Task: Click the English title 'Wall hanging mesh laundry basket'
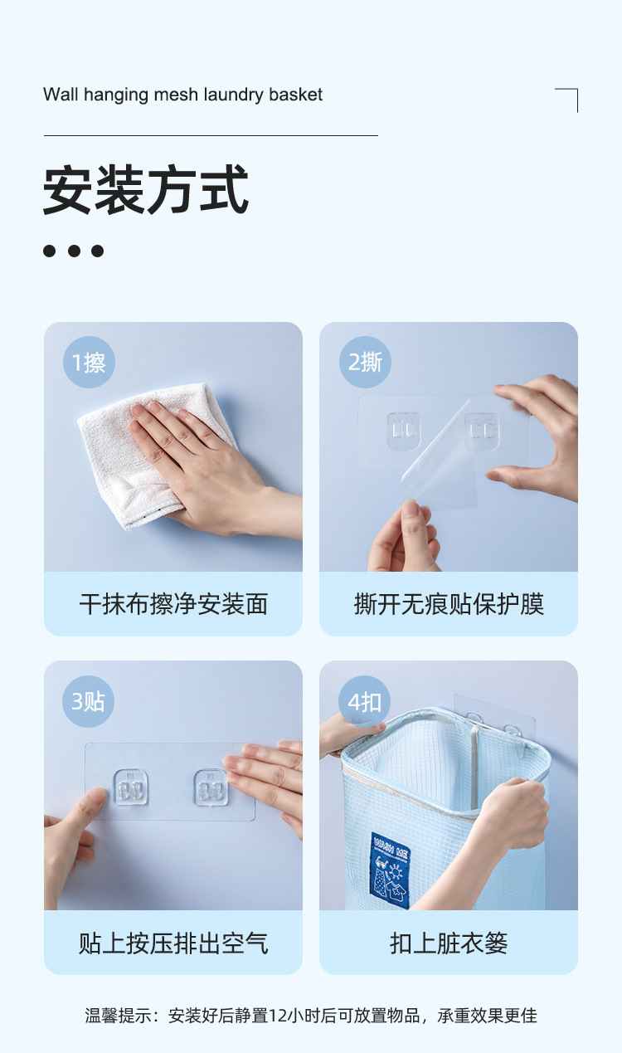click(x=182, y=95)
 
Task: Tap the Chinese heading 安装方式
click(x=146, y=191)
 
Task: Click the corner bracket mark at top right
click(x=567, y=99)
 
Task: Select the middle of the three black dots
click(x=74, y=251)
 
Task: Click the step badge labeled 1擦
click(x=89, y=363)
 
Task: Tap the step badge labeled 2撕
click(x=365, y=363)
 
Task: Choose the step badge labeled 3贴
click(x=88, y=701)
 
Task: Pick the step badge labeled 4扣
click(x=365, y=702)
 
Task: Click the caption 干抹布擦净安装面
click(x=173, y=604)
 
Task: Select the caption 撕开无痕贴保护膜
click(x=449, y=604)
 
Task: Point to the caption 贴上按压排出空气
click(x=173, y=943)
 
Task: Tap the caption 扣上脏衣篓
click(x=449, y=943)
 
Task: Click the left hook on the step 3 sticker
click(x=129, y=787)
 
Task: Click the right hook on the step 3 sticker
click(x=210, y=787)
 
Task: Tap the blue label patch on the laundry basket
click(x=390, y=869)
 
